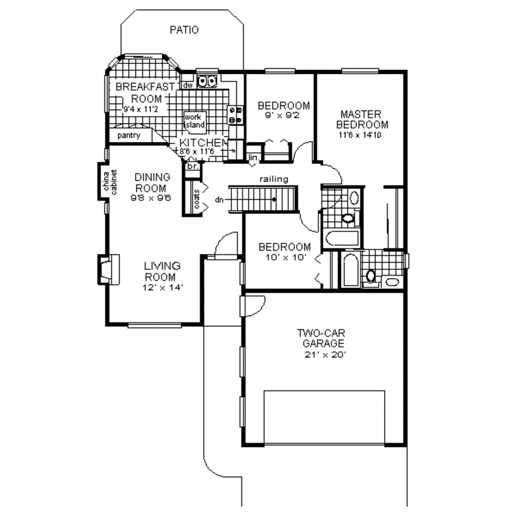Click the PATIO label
point(184,30)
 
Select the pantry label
point(129,136)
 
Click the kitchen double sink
point(208,80)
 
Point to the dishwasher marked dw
point(188,86)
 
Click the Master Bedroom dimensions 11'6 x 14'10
point(364,135)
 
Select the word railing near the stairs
point(274,179)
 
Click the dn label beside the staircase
point(219,200)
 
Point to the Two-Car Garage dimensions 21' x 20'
point(321,354)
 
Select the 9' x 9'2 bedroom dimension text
point(283,116)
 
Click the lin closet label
point(253,159)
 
